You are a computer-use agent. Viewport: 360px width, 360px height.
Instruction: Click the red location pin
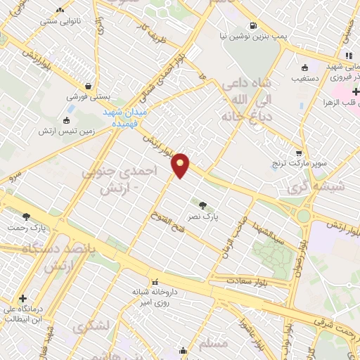tap(181, 165)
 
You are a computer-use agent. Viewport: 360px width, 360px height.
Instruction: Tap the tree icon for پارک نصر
tap(202, 205)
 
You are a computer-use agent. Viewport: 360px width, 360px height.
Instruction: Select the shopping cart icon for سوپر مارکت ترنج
tap(300, 152)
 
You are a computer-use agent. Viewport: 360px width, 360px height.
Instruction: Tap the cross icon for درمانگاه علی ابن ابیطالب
tap(24, 298)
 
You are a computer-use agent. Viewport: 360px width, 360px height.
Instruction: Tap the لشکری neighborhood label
tap(89, 326)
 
